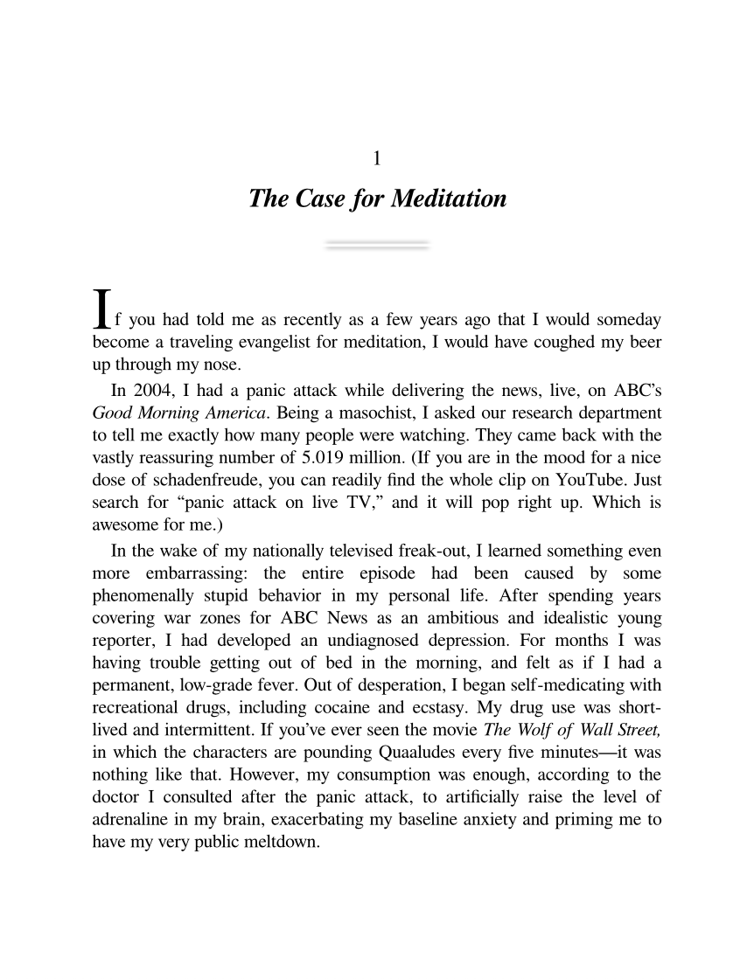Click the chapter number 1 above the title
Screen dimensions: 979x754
pyautogui.click(x=377, y=159)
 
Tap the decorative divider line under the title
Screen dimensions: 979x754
pyautogui.click(x=377, y=245)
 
